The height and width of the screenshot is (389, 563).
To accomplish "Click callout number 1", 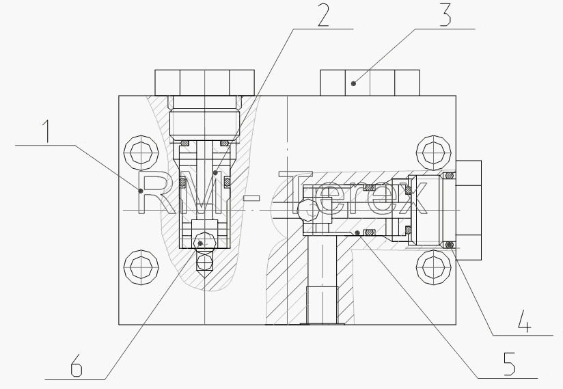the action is click(x=46, y=131).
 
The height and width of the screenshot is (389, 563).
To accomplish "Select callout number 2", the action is click(x=323, y=15).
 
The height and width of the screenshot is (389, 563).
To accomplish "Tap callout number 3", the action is click(x=445, y=15).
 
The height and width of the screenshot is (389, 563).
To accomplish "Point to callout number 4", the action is click(x=525, y=321).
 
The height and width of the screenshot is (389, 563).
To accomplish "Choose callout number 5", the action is click(x=509, y=364).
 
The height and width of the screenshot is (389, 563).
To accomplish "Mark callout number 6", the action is click(x=76, y=365).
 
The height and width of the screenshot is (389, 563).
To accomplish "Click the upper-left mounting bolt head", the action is click(x=141, y=152).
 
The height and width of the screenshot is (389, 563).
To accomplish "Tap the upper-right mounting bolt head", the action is click(x=434, y=152).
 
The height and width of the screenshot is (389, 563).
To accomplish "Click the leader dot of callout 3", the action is click(x=354, y=83).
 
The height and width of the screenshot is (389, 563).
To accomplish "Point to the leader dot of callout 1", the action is click(x=141, y=191).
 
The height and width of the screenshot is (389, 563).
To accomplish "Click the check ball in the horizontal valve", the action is click(x=308, y=211).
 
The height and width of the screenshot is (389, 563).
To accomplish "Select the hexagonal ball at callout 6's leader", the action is click(x=204, y=243).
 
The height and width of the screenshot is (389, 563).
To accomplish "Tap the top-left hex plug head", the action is click(x=205, y=83).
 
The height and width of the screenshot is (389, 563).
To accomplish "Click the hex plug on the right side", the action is click(x=469, y=210).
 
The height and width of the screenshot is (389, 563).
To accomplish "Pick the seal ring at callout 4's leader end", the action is click(x=449, y=245).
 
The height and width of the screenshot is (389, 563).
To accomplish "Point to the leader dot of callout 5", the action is click(x=357, y=233).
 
